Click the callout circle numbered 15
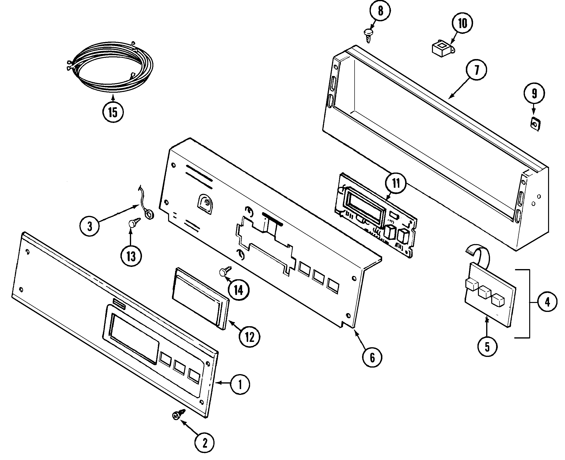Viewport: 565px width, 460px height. [x=113, y=112]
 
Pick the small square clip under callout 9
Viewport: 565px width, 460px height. [x=535, y=124]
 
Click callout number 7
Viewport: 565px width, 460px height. [x=476, y=70]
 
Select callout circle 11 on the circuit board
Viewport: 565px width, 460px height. [x=395, y=183]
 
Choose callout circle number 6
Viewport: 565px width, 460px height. [x=372, y=358]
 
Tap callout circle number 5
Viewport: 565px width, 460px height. [x=487, y=347]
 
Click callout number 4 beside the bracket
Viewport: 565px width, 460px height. [x=547, y=302]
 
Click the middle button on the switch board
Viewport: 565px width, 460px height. [x=485, y=292]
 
